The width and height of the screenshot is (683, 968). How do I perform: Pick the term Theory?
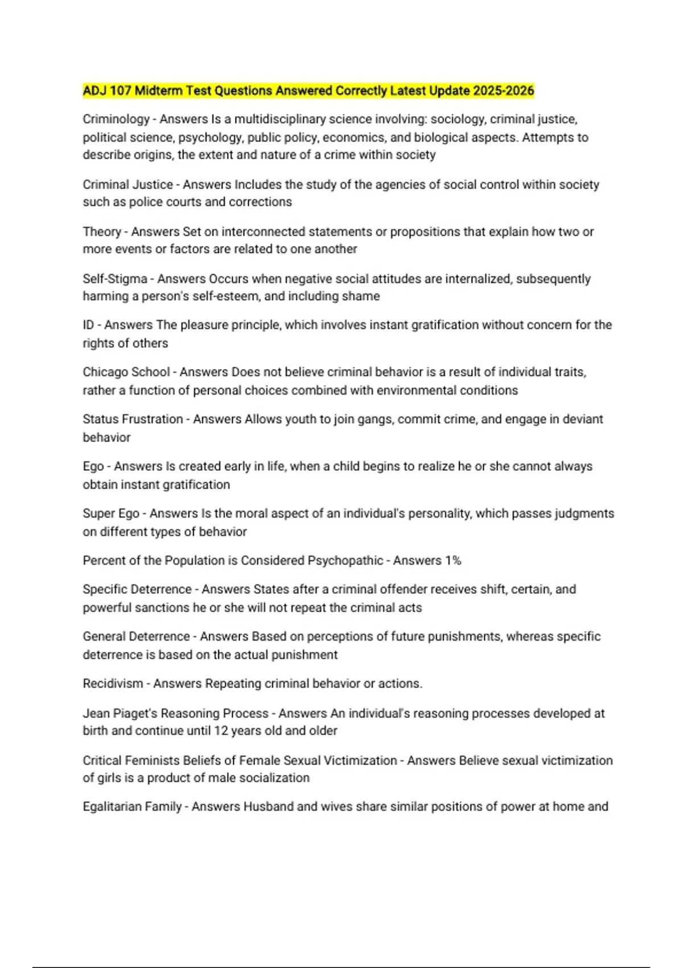pyautogui.click(x=102, y=232)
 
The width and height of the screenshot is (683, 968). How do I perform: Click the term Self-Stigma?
pyautogui.click(x=115, y=279)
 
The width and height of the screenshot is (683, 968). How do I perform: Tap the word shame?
pyautogui.click(x=362, y=296)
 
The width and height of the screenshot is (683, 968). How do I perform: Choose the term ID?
pyautogui.click(x=88, y=325)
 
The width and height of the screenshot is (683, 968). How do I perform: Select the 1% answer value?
pyautogui.click(x=453, y=561)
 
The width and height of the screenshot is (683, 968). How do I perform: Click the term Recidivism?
pyautogui.click(x=113, y=684)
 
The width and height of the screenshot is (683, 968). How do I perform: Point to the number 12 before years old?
pyautogui.click(x=221, y=731)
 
